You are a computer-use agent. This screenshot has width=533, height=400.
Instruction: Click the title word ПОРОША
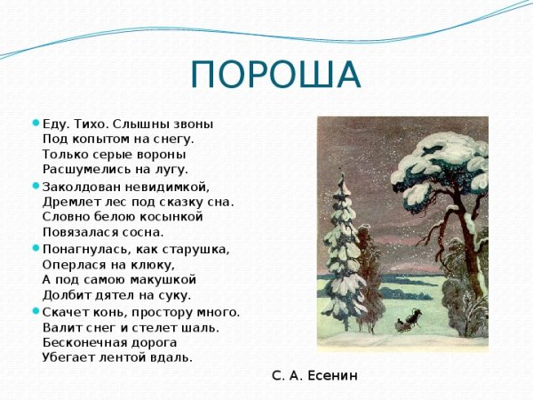pos(276,75)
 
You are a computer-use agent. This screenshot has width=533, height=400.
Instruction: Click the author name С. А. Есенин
pos(314,376)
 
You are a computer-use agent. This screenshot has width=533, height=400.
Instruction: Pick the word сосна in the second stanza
pos(144,231)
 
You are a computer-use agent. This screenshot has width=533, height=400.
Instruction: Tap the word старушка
pos(196,250)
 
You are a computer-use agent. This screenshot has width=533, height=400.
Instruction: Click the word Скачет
pos(64,312)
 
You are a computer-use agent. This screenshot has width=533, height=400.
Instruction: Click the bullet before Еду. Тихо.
pos(36,124)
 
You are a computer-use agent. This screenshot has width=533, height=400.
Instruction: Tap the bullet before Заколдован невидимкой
pos(36,186)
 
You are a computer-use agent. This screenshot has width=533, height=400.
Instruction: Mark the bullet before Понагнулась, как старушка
pos(36,249)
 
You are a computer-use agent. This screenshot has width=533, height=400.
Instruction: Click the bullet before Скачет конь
pos(36,311)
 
